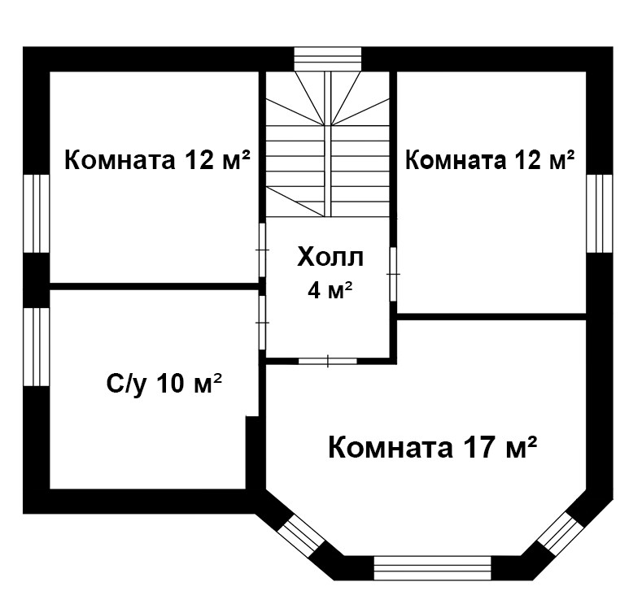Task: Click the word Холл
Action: pyautogui.click(x=330, y=258)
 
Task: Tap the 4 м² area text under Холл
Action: pyautogui.click(x=330, y=289)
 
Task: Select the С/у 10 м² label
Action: pyautogui.click(x=164, y=384)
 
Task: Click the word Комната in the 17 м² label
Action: pyautogui.click(x=391, y=447)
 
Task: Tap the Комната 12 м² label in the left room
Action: pyautogui.click(x=157, y=159)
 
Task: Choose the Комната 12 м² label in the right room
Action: pyautogui.click(x=490, y=159)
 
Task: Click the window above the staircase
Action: pyautogui.click(x=328, y=59)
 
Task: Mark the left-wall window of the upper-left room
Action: pyautogui.click(x=37, y=213)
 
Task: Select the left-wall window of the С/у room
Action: pyautogui.click(x=37, y=347)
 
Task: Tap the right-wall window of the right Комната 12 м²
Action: pyautogui.click(x=600, y=213)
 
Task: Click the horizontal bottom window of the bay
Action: pyautogui.click(x=432, y=568)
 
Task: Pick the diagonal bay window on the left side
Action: pyautogui.click(x=301, y=536)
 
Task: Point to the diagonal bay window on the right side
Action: pyautogui.click(x=561, y=533)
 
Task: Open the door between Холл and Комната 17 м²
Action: pyautogui.click(x=328, y=361)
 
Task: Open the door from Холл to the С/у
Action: pyautogui.click(x=262, y=323)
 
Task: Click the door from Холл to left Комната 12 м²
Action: pyautogui.click(x=262, y=250)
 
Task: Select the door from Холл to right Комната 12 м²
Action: pyautogui.click(x=393, y=274)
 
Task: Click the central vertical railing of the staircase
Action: pyautogui.click(x=327, y=145)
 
